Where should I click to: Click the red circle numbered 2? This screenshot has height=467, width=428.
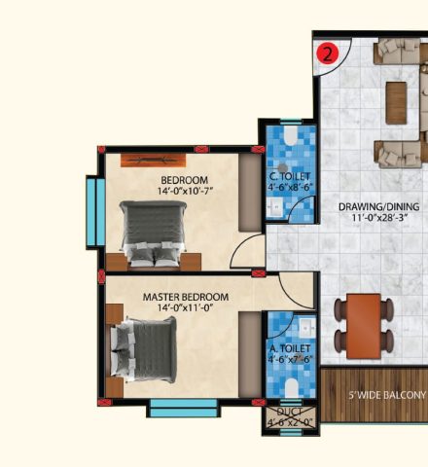[x=328, y=54]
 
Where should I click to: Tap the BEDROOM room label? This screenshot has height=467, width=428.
[x=185, y=180]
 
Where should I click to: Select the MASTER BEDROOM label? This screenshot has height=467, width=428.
[x=186, y=297]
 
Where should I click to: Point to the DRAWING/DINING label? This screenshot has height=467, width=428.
[x=379, y=206]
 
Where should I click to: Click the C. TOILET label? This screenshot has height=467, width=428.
[x=290, y=176]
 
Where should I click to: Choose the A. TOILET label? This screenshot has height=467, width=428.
[x=290, y=348]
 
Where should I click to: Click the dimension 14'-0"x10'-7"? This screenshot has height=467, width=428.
[x=185, y=191]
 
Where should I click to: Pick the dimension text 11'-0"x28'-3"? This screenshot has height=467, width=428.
[x=379, y=218]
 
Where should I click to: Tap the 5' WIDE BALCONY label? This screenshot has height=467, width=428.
[x=387, y=395]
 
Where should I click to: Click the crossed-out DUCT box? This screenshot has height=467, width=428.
[x=291, y=415]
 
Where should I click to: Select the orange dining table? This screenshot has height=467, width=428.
[x=364, y=326]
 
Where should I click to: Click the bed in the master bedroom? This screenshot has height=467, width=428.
[x=143, y=349]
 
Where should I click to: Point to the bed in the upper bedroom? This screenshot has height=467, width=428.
[x=153, y=233]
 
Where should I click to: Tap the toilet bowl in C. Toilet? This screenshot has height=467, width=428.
[x=290, y=135]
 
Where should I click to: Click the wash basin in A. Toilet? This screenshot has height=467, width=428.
[x=306, y=328]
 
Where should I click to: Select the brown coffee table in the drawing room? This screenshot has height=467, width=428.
[x=396, y=102]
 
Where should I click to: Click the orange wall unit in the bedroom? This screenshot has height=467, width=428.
[x=153, y=161]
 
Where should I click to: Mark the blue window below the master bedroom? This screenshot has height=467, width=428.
[x=184, y=408]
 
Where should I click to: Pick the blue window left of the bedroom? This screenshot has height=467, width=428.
[x=96, y=212]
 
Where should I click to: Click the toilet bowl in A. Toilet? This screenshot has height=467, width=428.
[x=292, y=388]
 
